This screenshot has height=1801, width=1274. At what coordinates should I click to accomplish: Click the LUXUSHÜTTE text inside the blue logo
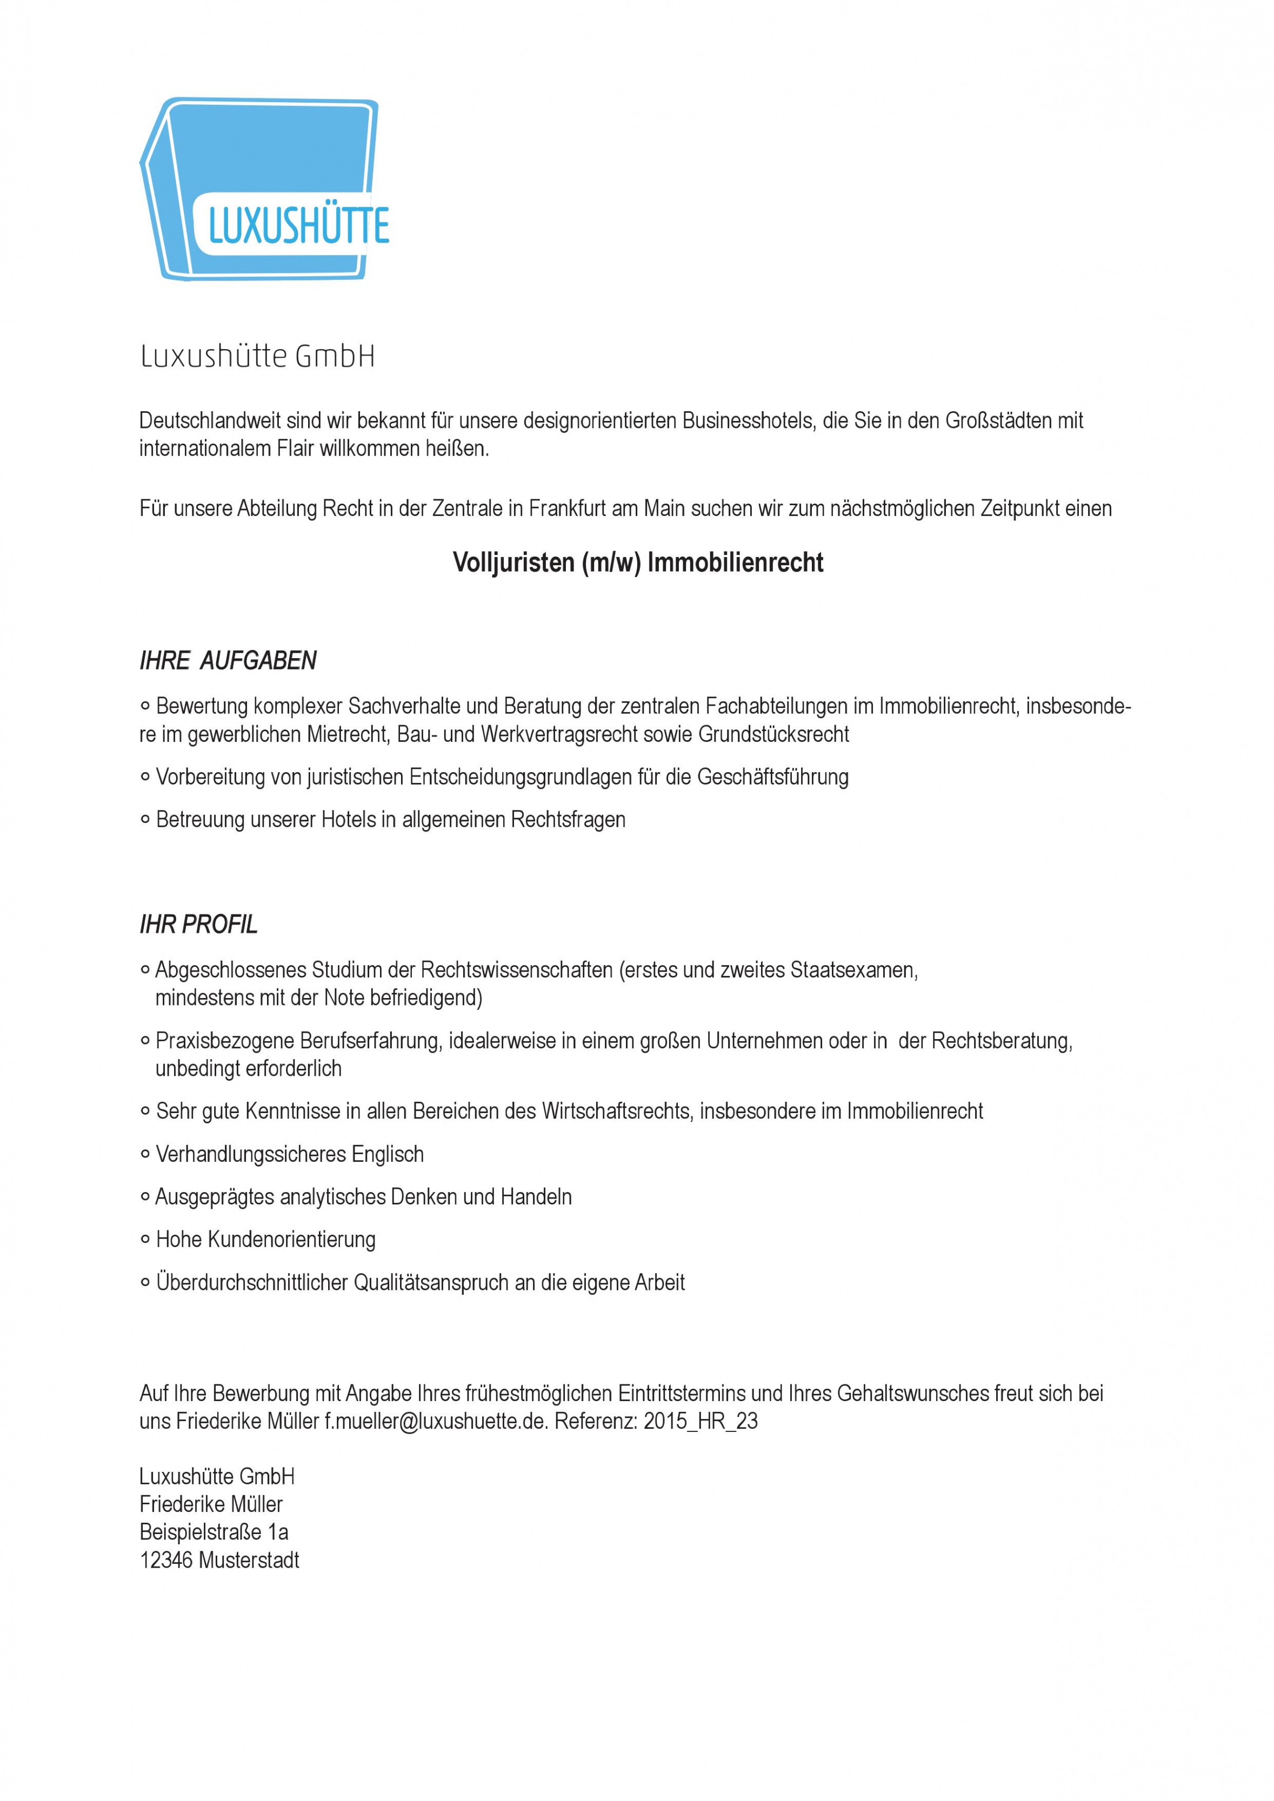pyautogui.click(x=298, y=225)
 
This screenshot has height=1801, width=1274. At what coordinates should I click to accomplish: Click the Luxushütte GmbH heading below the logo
pyautogui.click(x=257, y=357)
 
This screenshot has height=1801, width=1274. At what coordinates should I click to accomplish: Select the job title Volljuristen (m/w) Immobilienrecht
pyautogui.click(x=638, y=563)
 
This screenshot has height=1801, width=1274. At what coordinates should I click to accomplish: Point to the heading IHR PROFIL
pyautogui.click(x=198, y=925)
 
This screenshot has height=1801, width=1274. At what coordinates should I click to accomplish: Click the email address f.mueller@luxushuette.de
pyautogui.click(x=436, y=1421)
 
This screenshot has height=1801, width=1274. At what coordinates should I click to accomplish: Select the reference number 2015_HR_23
pyautogui.click(x=701, y=1421)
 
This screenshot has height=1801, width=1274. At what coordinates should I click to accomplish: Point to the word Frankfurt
pyautogui.click(x=567, y=508)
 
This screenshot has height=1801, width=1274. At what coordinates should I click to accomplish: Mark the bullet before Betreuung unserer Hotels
pyautogui.click(x=145, y=820)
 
